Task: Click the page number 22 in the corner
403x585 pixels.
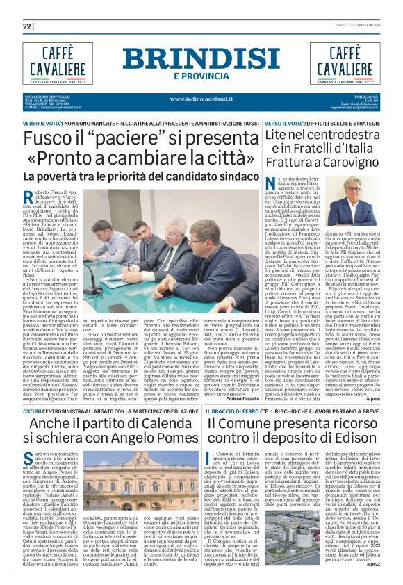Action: point(27,26)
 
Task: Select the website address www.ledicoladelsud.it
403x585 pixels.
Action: point(201,99)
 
